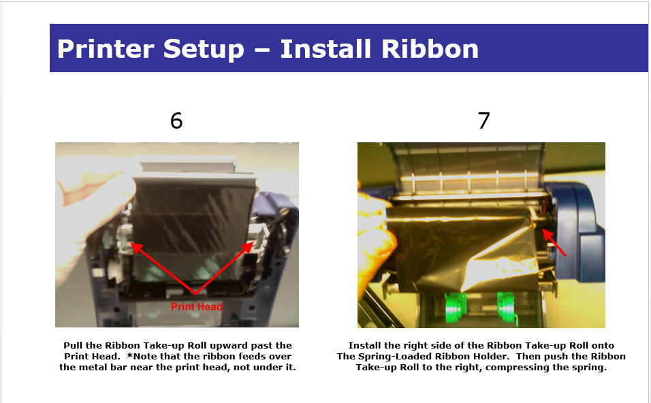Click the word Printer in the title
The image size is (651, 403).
click(x=106, y=48)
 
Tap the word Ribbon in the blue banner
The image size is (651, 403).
click(x=430, y=48)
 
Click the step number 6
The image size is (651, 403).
click(x=176, y=120)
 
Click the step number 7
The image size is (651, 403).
click(x=483, y=120)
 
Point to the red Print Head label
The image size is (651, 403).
click(x=197, y=307)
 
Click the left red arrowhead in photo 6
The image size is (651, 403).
click(x=136, y=247)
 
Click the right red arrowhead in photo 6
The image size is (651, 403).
click(x=247, y=247)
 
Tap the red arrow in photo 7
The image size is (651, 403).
click(x=554, y=243)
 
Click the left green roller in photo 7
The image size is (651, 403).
click(x=456, y=307)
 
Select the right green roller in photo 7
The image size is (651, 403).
click(x=507, y=307)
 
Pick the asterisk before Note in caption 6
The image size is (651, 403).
click(x=130, y=355)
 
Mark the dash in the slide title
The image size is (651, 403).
click(x=261, y=50)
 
